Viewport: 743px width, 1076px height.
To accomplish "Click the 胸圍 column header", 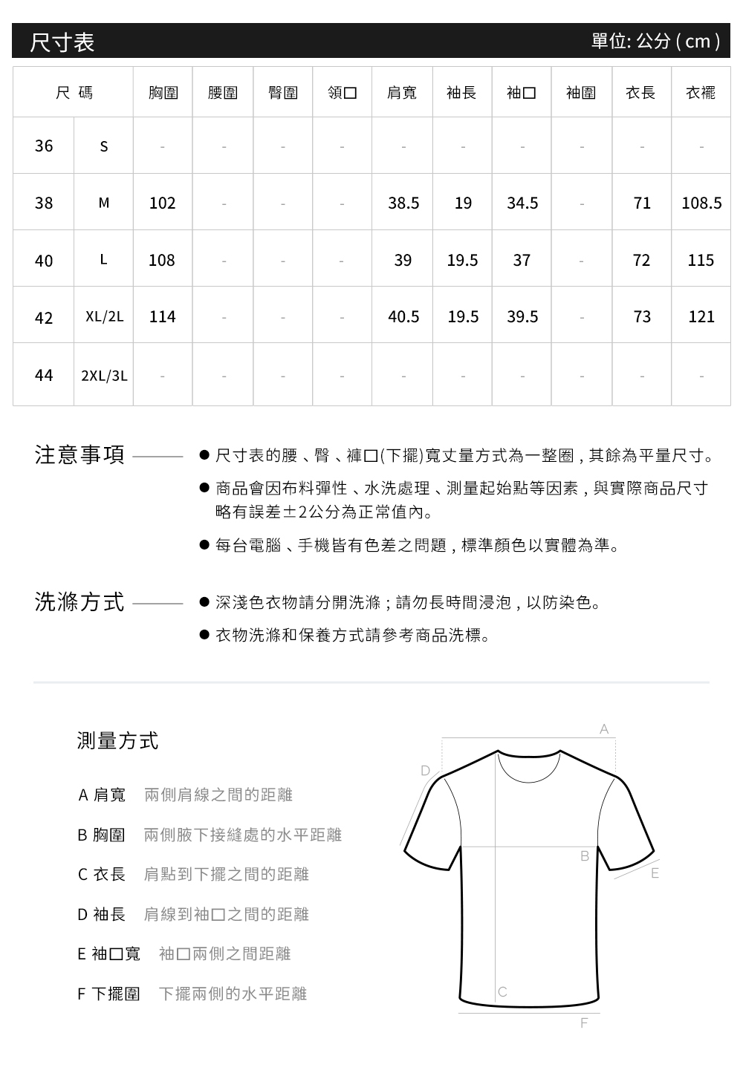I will pyautogui.click(x=163, y=93).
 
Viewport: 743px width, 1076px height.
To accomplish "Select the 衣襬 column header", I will pyautogui.click(x=701, y=93).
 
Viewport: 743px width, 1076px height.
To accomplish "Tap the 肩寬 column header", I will pyautogui.click(x=402, y=93).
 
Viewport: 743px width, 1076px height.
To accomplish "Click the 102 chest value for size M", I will pyautogui.click(x=162, y=203).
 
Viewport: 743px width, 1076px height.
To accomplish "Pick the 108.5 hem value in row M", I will pyautogui.click(x=701, y=203).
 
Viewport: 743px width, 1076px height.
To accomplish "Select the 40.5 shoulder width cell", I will pyautogui.click(x=403, y=317).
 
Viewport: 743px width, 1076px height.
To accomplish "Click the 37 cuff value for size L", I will pyautogui.click(x=522, y=260).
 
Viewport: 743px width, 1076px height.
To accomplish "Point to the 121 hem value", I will pyautogui.click(x=701, y=317).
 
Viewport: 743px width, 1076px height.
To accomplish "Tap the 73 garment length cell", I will pyautogui.click(x=642, y=317).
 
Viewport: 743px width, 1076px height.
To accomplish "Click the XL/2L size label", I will pyautogui.click(x=104, y=317).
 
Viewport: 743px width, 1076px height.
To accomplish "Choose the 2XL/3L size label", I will pyautogui.click(x=104, y=376).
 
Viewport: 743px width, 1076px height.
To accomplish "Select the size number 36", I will pyautogui.click(x=44, y=146).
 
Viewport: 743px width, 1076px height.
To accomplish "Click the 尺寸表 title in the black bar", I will pyautogui.click(x=62, y=42).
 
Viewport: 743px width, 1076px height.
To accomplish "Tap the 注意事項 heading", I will pyautogui.click(x=80, y=455).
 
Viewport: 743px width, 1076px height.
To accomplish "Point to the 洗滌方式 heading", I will pyautogui.click(x=80, y=602).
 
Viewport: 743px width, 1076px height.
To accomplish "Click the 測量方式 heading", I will pyautogui.click(x=117, y=740).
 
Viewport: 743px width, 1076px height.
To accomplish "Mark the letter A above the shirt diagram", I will pyautogui.click(x=604, y=730).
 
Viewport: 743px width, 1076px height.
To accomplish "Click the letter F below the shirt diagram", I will pyautogui.click(x=584, y=1023).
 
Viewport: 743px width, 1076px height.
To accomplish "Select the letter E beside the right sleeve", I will pyautogui.click(x=655, y=873).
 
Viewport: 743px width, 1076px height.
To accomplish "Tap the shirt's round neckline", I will pyautogui.click(x=528, y=772).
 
